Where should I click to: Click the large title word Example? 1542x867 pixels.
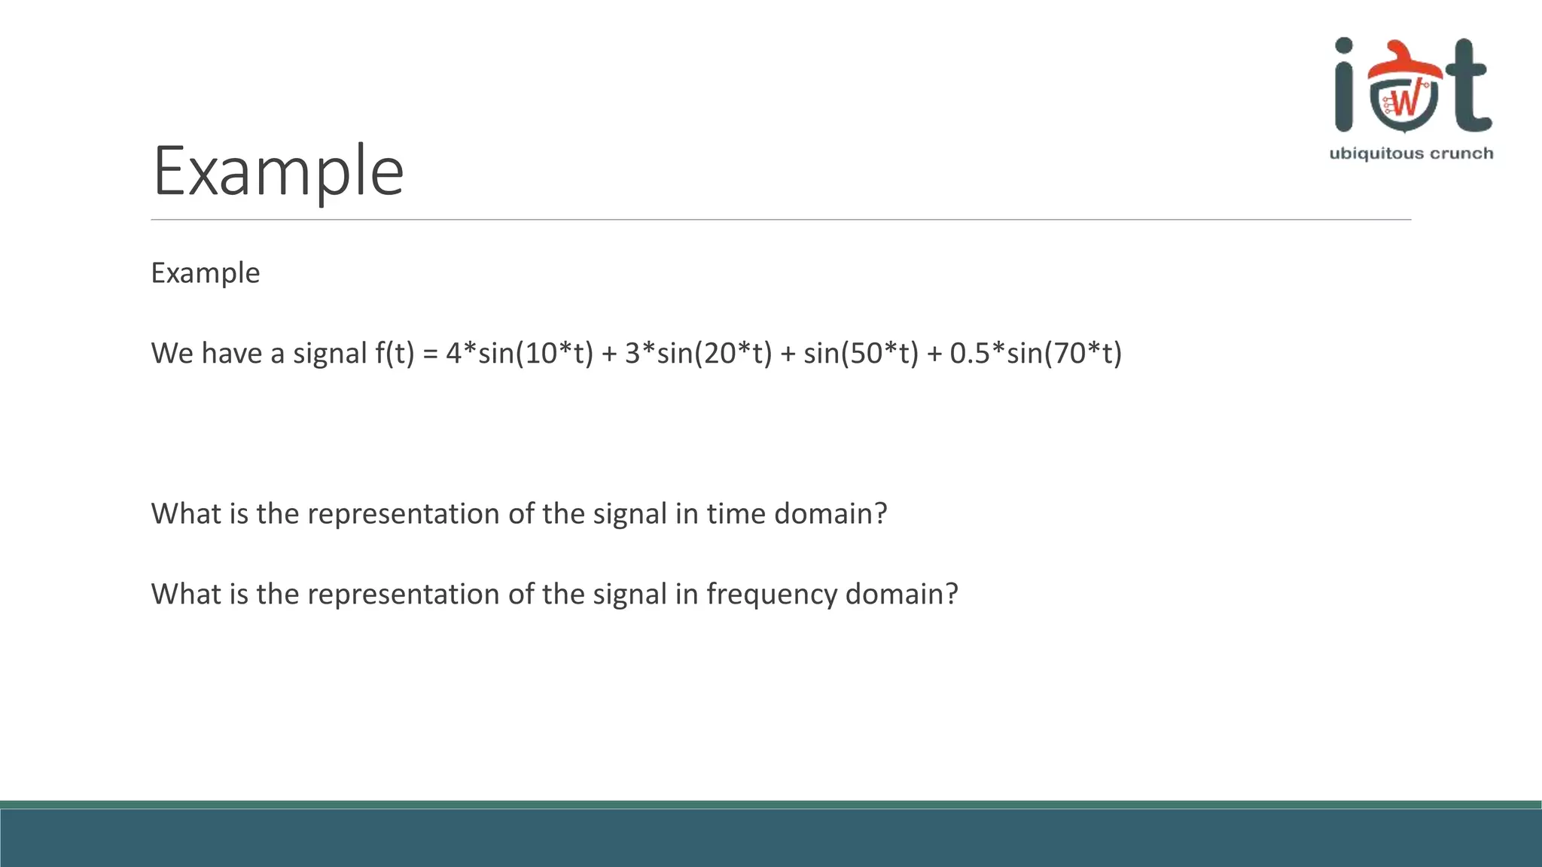coord(278,172)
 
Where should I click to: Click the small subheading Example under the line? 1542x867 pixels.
coord(205,272)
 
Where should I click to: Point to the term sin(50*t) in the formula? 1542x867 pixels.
coord(861,353)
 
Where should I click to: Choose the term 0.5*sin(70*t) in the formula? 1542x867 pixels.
coord(1036,353)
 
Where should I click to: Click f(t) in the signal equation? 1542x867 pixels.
coord(395,353)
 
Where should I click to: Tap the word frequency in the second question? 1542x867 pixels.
coord(771,595)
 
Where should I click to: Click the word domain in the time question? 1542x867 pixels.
coord(830,513)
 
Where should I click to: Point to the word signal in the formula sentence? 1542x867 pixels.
coord(329,354)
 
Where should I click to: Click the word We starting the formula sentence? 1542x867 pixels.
coord(172,353)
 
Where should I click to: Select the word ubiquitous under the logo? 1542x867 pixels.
coord(1366,154)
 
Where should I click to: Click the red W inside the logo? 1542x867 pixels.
coord(1405,101)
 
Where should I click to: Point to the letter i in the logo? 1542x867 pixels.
coord(1344,87)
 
